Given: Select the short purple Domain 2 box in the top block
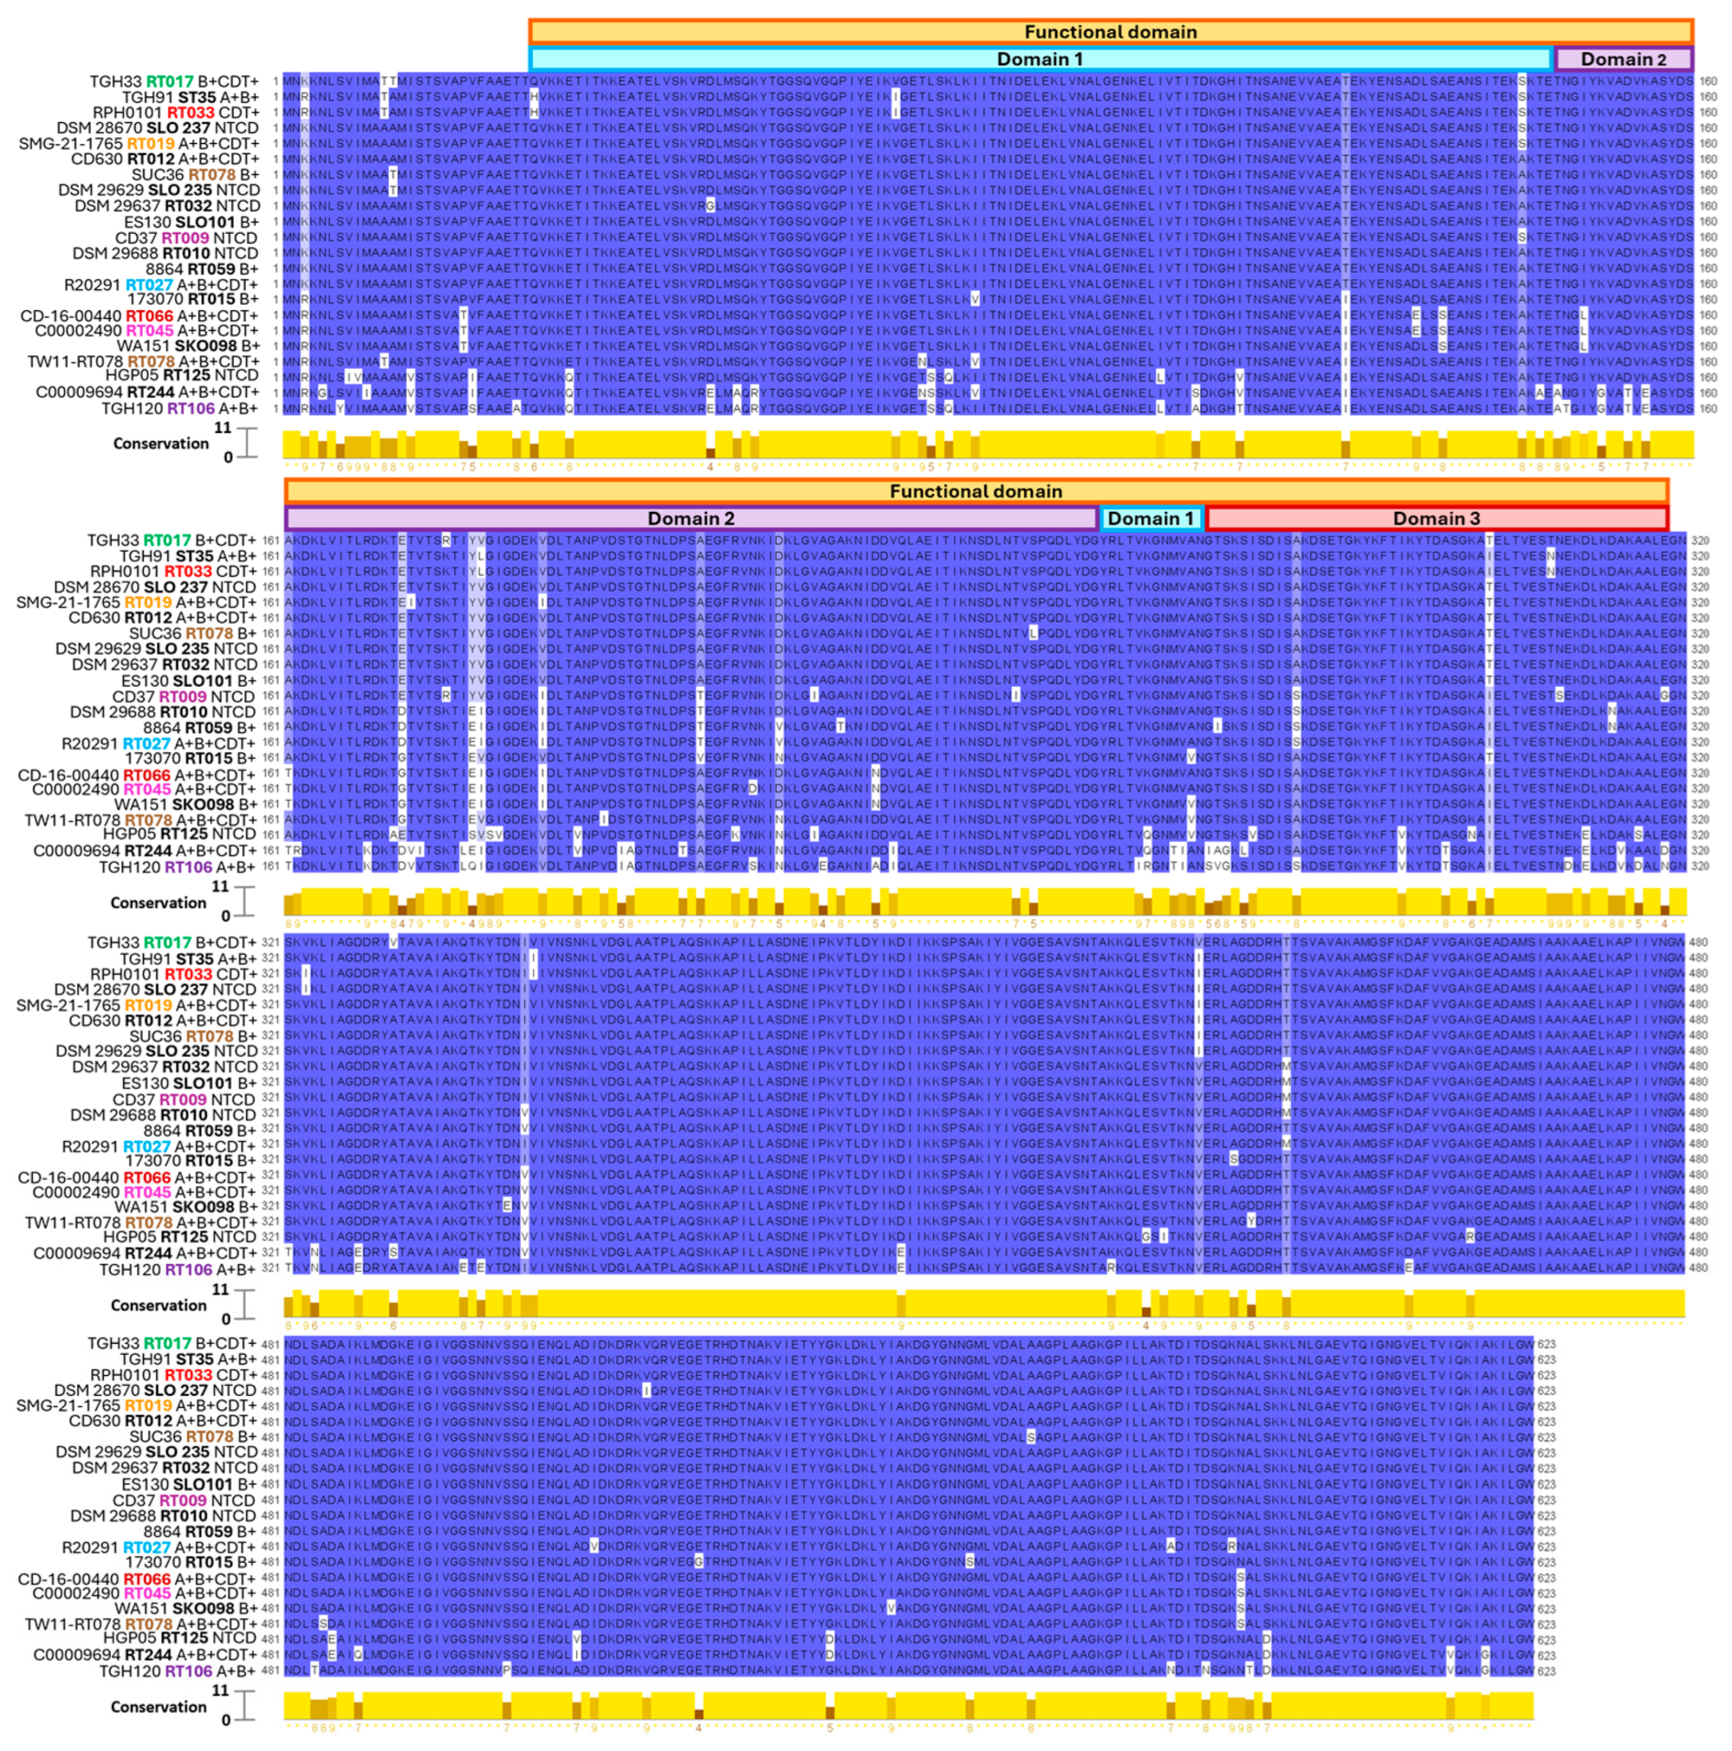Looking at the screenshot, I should point(1622,59).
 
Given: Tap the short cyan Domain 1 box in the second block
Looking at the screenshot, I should point(1150,518).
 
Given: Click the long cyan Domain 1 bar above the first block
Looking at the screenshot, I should point(1039,59).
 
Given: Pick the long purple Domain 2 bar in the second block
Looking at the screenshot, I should point(691,518).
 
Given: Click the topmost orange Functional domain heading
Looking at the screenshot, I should point(1110,32).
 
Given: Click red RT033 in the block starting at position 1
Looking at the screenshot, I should point(190,112).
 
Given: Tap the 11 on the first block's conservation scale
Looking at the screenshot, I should point(222,428).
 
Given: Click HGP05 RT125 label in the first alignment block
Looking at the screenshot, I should point(181,375).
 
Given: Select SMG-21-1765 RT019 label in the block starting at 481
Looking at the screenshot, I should point(136,1406).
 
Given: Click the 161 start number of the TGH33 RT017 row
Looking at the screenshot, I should point(270,540).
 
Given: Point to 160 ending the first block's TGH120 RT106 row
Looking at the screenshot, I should point(1708,409).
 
